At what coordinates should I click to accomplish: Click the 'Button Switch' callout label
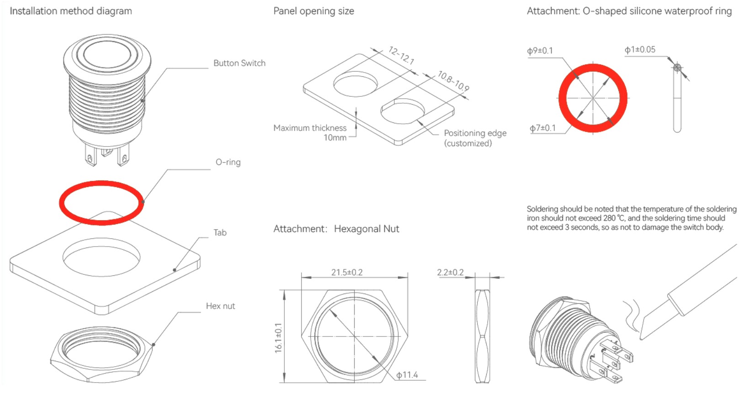coord(239,63)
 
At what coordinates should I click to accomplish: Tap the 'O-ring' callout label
coord(228,162)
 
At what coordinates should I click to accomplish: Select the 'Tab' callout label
coord(220,232)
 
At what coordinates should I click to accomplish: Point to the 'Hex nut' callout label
coord(220,306)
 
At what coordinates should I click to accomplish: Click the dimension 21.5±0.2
coord(347,272)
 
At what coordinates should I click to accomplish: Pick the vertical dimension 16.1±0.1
coord(278,338)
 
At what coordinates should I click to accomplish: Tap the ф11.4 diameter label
coord(407,375)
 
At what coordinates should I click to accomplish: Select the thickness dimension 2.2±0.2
coord(450,273)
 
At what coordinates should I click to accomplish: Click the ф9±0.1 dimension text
coord(540,51)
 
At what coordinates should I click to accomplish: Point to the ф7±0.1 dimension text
coord(542,128)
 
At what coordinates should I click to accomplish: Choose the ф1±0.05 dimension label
coord(640,49)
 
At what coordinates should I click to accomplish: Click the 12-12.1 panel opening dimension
coord(401,55)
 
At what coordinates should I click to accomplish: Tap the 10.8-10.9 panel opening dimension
coord(453,81)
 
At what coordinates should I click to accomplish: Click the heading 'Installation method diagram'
coord(71,11)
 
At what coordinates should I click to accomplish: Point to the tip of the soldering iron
coord(641,338)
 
